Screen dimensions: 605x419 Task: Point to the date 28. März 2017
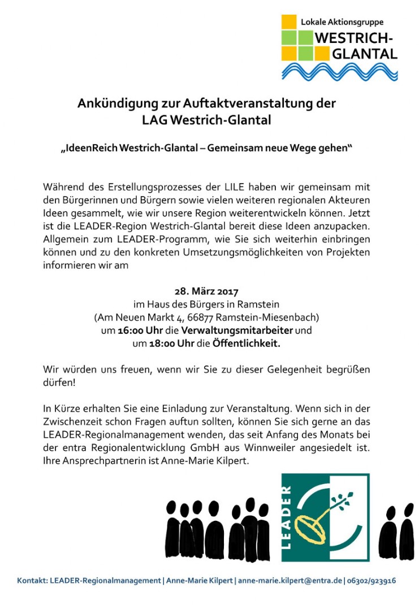click(206, 292)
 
